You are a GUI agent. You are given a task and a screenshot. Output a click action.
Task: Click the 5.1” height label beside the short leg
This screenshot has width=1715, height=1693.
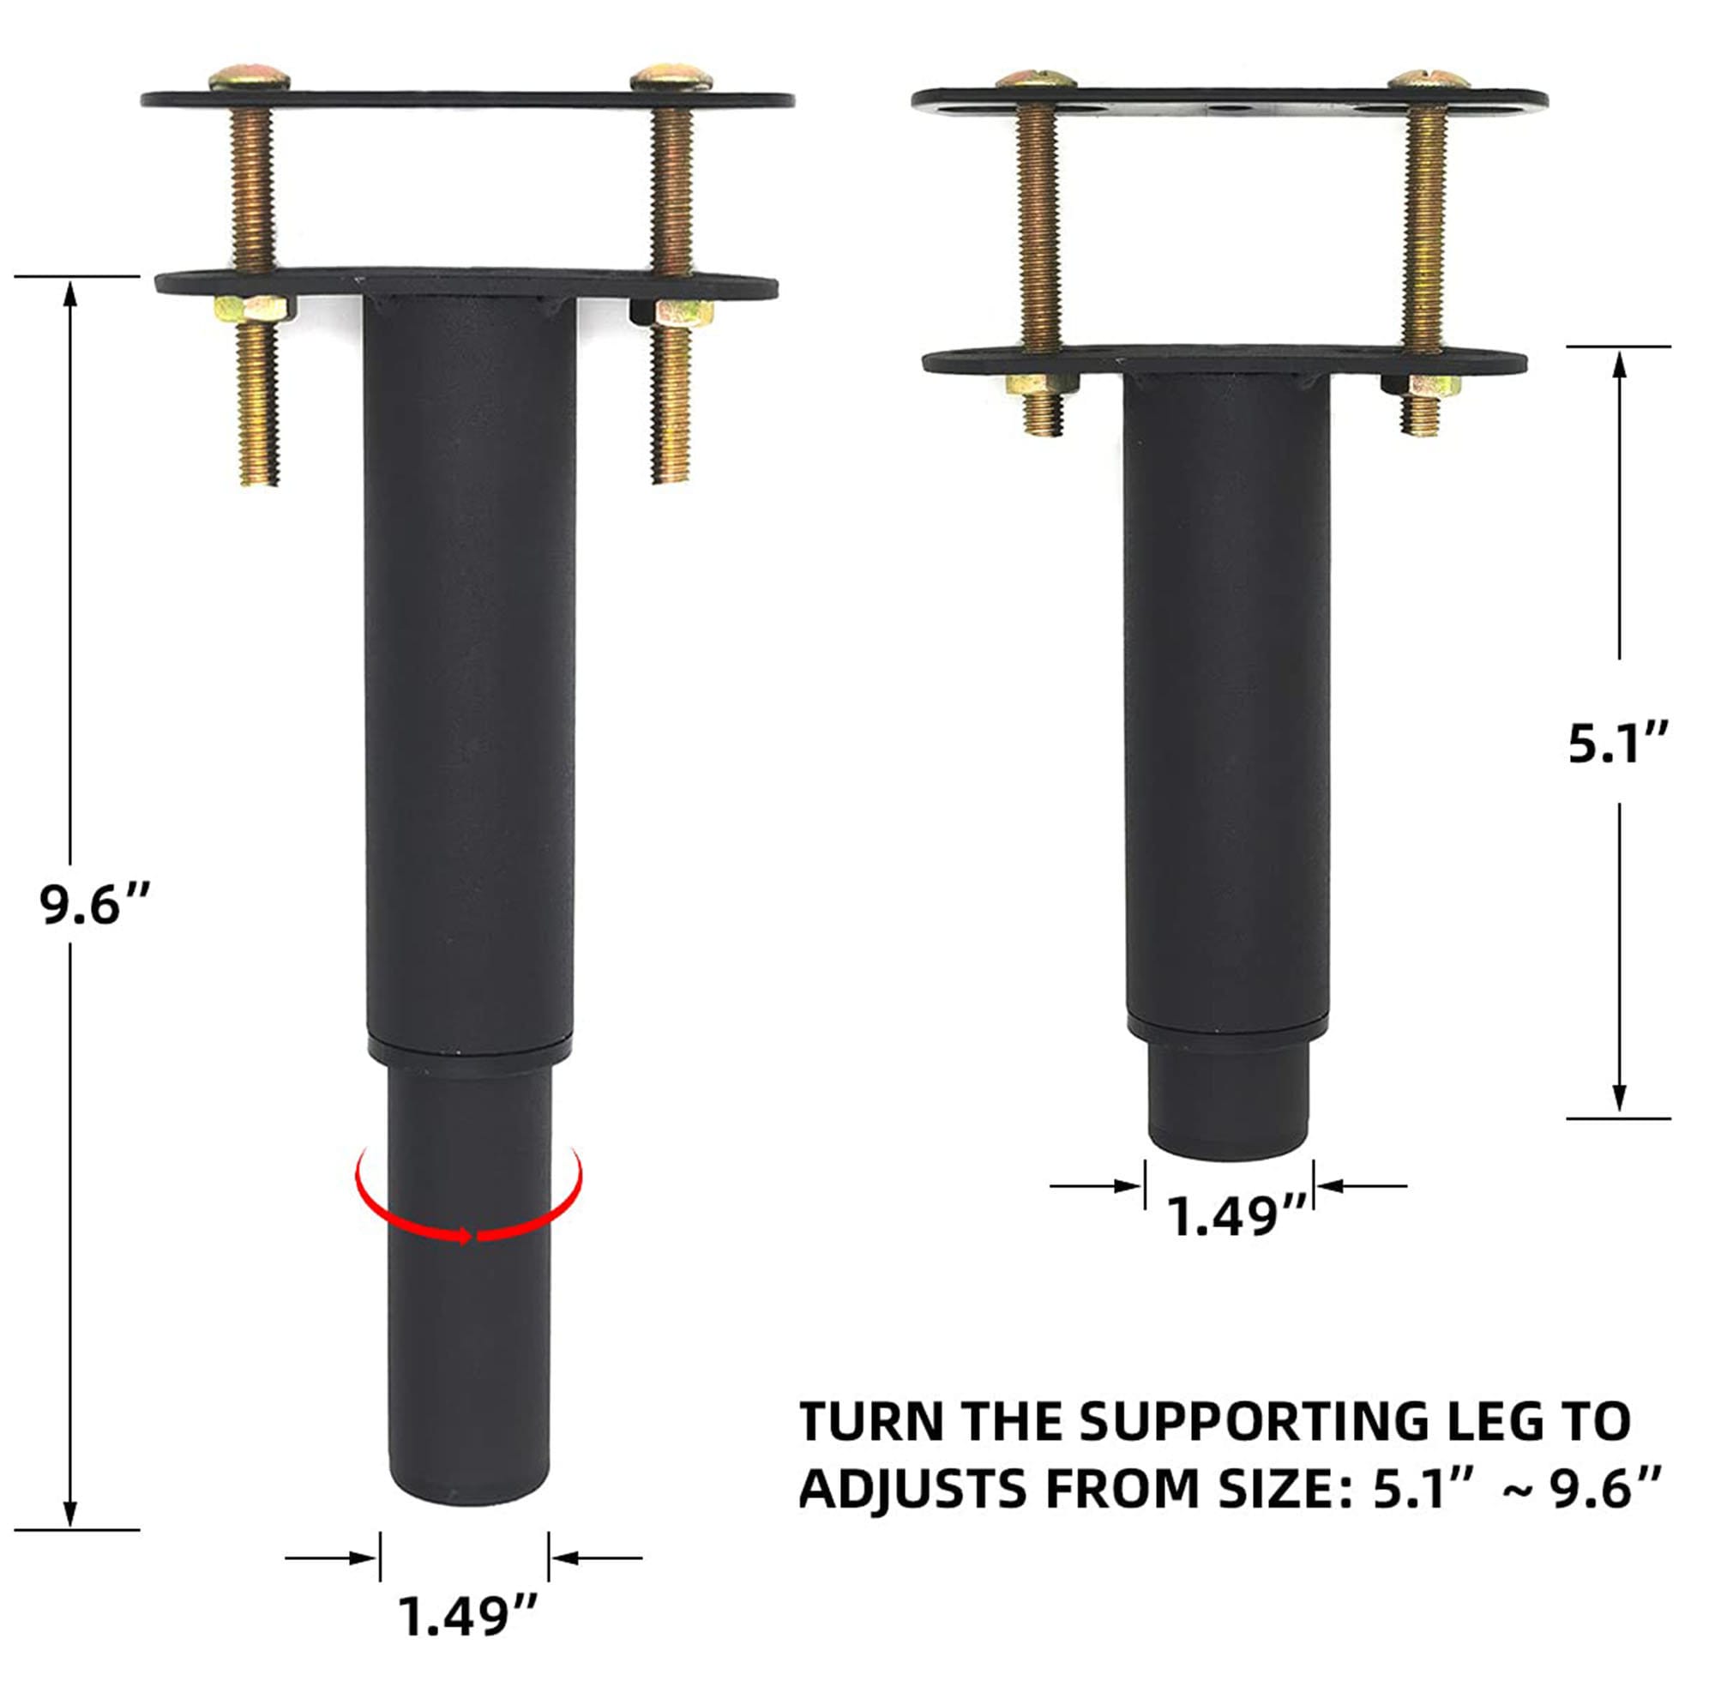[x=1618, y=742]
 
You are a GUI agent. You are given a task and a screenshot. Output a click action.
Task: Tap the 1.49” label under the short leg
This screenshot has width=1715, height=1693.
[x=1237, y=1215]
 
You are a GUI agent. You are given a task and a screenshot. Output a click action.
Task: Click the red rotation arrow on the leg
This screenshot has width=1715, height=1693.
[x=469, y=1221]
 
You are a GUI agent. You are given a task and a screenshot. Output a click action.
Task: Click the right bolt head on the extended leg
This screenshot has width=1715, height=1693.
[x=671, y=77]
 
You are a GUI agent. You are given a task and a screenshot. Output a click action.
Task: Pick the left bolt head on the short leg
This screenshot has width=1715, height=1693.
[x=1036, y=79]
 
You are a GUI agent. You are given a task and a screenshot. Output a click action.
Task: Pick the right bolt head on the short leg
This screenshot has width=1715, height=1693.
[x=1429, y=79]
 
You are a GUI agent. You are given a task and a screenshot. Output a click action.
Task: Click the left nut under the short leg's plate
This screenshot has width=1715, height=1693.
[x=1042, y=385]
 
